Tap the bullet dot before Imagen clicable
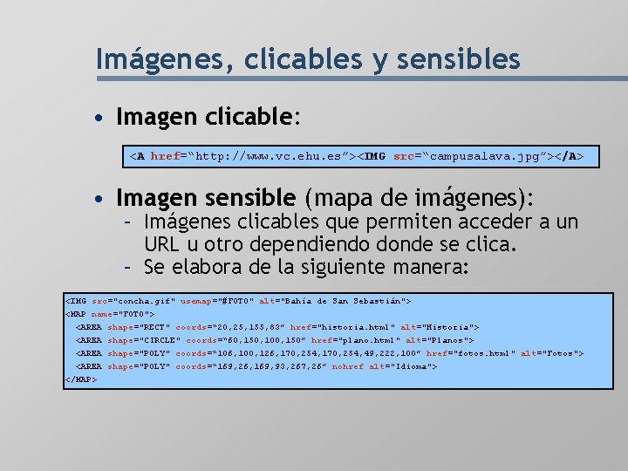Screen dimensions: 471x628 103,117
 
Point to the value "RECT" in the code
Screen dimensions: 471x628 151,327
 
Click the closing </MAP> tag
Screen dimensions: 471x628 81,379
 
